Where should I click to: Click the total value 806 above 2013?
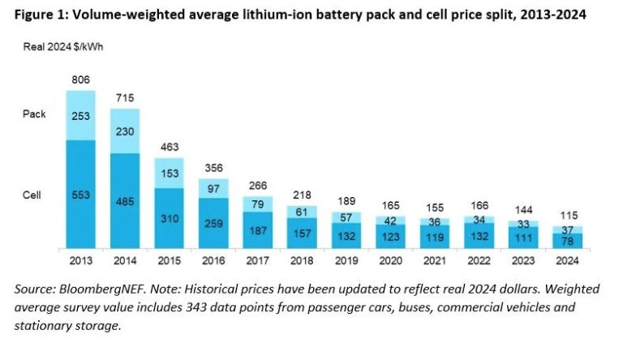(x=80, y=81)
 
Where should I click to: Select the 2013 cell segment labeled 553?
(x=80, y=195)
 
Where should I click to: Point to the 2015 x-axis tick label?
(x=169, y=262)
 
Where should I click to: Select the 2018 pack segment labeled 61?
(x=301, y=212)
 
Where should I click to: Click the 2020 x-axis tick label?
(x=389, y=262)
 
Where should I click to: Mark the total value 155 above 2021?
(x=434, y=208)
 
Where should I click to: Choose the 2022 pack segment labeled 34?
(x=478, y=220)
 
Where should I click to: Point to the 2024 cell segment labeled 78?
(x=566, y=240)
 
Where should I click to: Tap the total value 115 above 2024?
(x=566, y=215)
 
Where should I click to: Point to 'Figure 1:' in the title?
(x=37, y=15)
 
